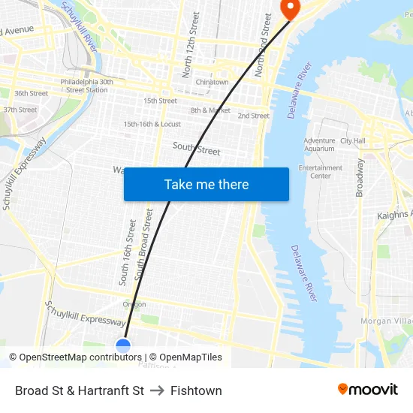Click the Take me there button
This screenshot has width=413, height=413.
point(206,185)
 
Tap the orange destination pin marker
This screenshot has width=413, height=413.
point(289,8)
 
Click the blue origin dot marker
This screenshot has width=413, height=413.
point(124,346)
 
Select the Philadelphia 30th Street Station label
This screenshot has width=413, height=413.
point(86,86)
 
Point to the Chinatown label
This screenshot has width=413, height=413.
point(212,83)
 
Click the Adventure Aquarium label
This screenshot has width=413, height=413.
point(319,145)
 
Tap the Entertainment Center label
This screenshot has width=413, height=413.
point(321,172)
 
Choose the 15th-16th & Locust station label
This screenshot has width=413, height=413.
point(152,124)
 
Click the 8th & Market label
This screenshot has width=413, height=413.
point(210,110)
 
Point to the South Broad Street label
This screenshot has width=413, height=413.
point(143,246)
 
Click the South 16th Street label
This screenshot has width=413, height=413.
point(127,252)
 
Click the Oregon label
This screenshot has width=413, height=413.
point(134,304)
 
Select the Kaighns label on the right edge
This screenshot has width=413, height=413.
point(394,216)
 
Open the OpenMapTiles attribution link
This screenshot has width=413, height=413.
point(185,357)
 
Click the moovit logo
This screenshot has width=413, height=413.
point(368,390)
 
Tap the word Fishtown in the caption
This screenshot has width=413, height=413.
point(196,390)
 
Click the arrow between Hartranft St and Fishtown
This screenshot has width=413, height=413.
point(157,390)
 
